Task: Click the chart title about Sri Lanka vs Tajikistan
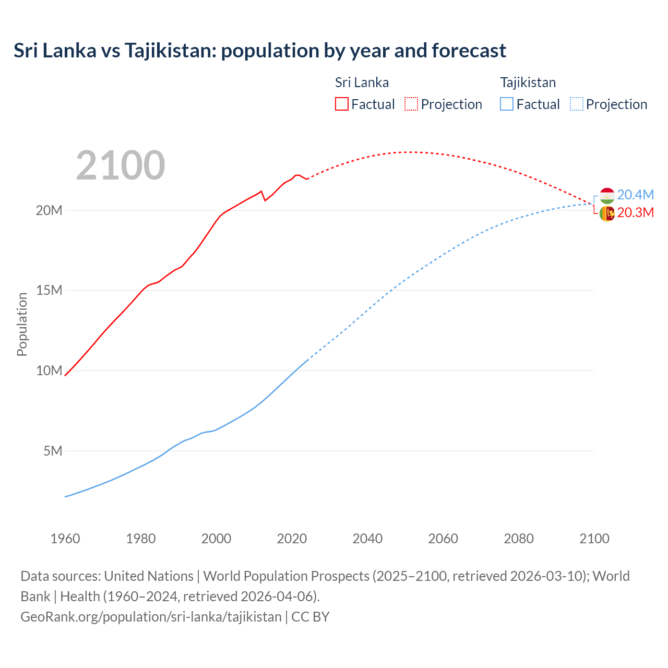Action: [x=259, y=51]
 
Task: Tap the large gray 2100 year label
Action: [x=121, y=165]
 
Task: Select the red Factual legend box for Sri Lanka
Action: [x=341, y=104]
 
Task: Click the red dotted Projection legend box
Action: [x=411, y=104]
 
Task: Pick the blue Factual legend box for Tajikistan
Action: [x=506, y=104]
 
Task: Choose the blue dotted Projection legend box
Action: [x=576, y=104]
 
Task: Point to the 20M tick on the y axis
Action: [x=49, y=210]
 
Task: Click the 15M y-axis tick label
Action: [x=49, y=290]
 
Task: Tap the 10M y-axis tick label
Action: [x=49, y=371]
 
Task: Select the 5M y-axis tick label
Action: [x=53, y=451]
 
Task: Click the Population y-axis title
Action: [x=22, y=324]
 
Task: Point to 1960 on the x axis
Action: [x=65, y=539]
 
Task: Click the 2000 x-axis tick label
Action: [x=216, y=539]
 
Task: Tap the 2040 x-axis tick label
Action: [x=367, y=539]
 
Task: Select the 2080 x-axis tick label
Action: [x=519, y=539]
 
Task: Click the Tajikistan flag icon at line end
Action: [x=606, y=196]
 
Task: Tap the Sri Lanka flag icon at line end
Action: [x=606, y=213]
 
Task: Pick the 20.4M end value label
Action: [x=635, y=195]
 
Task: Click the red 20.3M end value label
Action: [x=635, y=212]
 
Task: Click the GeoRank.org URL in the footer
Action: [x=151, y=616]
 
